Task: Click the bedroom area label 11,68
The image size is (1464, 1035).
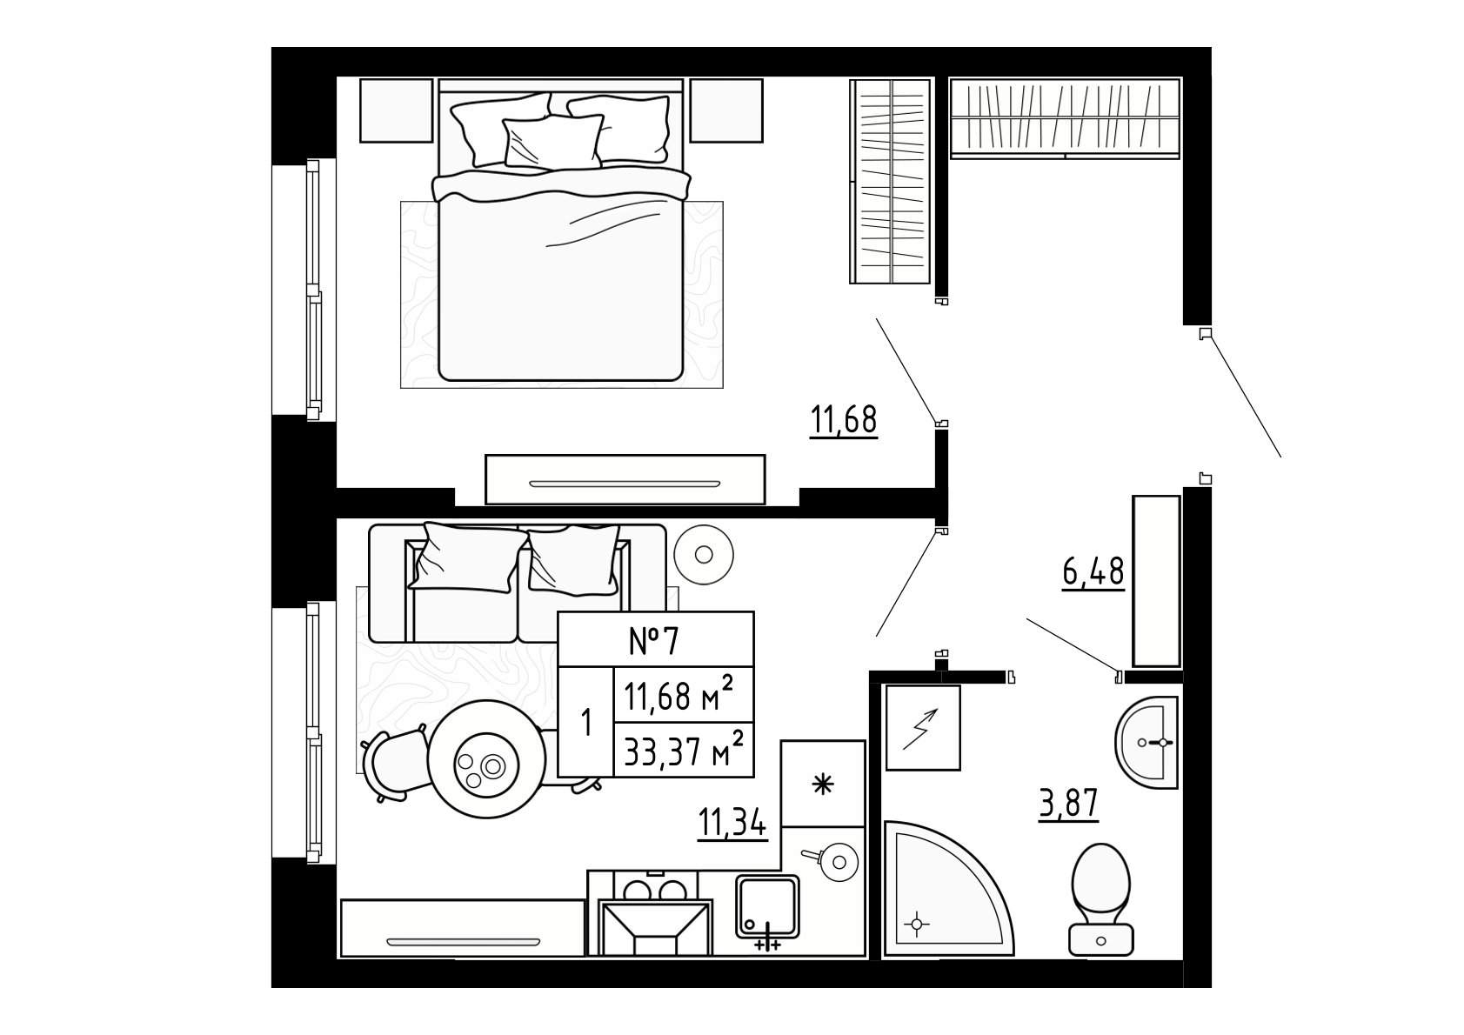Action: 843,419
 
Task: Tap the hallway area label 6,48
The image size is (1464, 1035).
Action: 1093,571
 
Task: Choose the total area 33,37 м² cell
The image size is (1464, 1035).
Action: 684,750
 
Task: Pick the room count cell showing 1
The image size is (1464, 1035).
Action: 586,723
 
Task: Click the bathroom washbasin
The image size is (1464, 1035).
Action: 1147,742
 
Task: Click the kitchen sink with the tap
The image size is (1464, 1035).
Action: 767,907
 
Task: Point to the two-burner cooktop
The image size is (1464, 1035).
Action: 655,889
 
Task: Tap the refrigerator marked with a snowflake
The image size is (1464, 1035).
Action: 823,784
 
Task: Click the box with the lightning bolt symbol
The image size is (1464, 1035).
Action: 923,727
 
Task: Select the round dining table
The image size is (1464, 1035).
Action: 487,759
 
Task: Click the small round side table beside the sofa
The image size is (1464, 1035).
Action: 704,555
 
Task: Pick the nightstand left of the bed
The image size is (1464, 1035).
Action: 396,110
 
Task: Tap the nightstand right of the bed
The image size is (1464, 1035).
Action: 726,110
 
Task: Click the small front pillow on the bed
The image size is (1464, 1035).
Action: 553,142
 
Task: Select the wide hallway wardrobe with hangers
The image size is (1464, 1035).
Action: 1065,118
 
